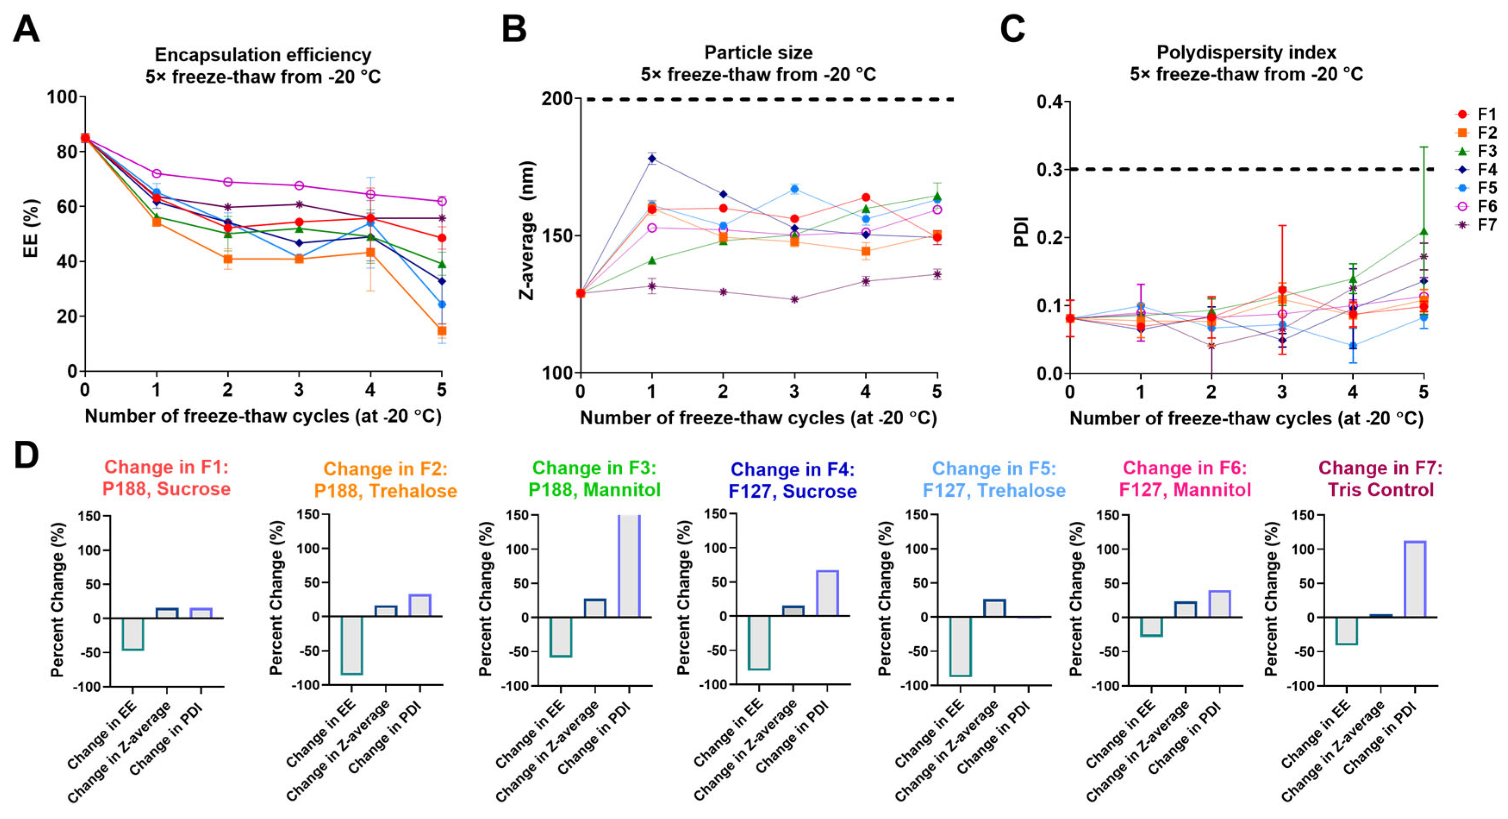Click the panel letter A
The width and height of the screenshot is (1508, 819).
26,29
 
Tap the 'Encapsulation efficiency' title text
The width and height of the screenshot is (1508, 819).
263,54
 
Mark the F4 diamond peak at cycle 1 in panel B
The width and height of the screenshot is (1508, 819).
651,159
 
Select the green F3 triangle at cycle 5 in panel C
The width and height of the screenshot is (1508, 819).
1424,232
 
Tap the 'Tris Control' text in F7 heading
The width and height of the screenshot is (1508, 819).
1380,489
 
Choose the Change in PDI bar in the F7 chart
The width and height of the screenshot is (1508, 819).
1415,579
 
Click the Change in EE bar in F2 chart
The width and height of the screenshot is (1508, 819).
352,645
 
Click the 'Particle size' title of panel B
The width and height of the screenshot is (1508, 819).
758,53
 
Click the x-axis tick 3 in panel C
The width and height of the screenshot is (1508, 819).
1282,392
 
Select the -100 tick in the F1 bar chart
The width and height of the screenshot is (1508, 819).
87,687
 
